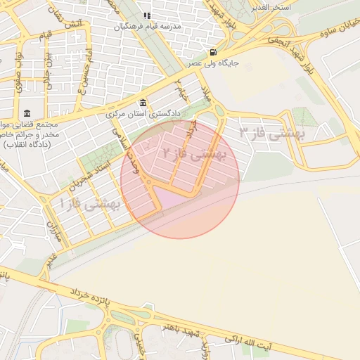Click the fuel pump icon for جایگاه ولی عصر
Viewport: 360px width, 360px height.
click(212, 52)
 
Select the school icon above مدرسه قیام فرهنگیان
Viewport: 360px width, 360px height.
click(147, 15)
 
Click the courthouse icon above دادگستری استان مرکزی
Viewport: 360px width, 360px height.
click(143, 103)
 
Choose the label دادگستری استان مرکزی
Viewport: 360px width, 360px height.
click(144, 113)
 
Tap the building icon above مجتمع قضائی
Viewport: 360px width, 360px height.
click(27, 114)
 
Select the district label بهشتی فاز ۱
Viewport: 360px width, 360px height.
click(91, 205)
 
